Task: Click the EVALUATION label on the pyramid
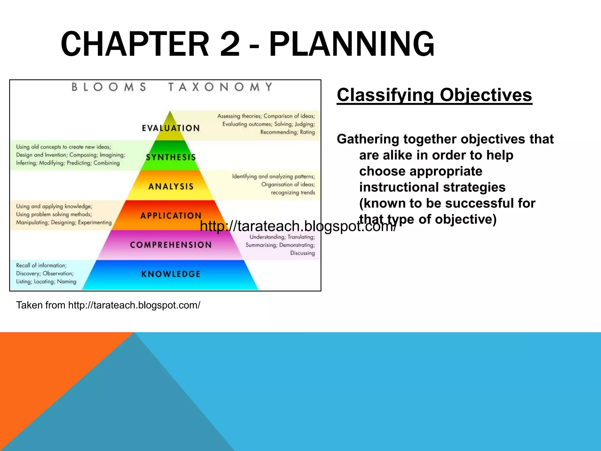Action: [171, 128]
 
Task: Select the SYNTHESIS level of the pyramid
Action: [171, 157]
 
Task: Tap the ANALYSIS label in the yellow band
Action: [171, 186]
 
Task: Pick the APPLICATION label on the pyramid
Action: [171, 216]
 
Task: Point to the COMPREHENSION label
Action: [171, 245]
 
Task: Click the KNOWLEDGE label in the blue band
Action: [171, 274]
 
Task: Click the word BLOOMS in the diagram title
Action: [109, 87]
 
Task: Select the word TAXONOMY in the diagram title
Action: [220, 87]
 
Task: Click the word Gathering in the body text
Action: [368, 139]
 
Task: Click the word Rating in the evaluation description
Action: [307, 132]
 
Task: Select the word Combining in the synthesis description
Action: [107, 163]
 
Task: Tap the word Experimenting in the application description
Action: [95, 222]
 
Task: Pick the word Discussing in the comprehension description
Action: [303, 253]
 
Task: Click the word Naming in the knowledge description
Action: [67, 282]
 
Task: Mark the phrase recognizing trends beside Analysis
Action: [293, 193]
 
